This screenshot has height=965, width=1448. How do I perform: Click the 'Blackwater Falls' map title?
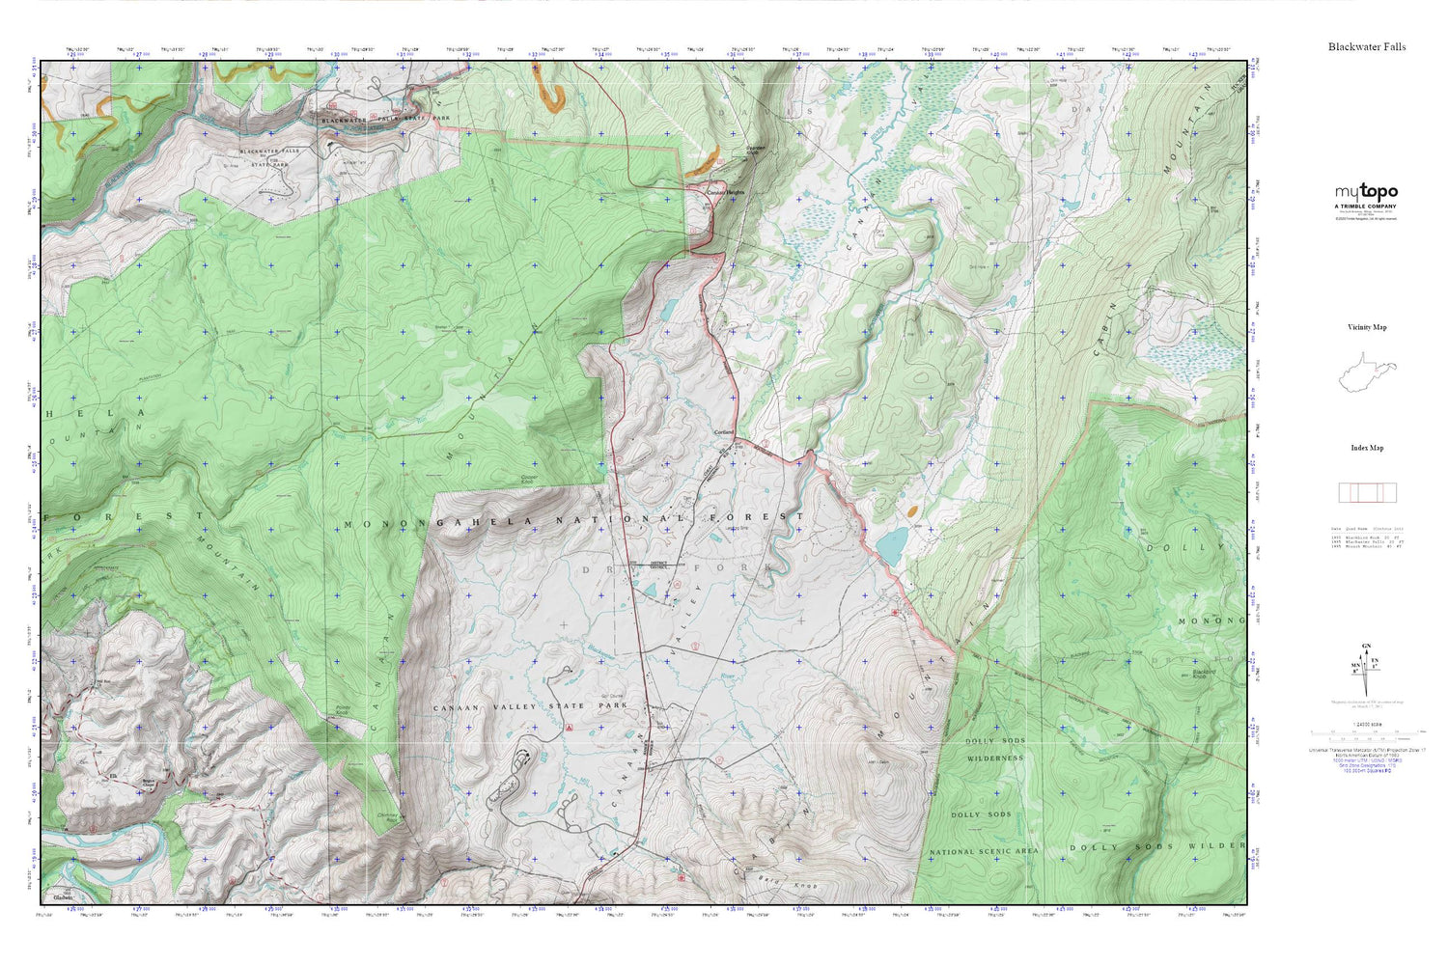tap(1366, 46)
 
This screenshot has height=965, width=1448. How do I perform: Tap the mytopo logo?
tap(1366, 192)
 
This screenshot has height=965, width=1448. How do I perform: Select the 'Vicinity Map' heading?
tap(1366, 327)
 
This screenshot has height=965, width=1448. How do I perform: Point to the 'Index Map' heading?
tap(1366, 448)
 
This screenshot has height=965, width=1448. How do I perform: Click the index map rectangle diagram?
tap(1366, 492)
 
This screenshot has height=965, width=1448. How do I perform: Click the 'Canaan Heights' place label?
tap(726, 192)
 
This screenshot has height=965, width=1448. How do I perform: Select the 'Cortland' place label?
tap(724, 431)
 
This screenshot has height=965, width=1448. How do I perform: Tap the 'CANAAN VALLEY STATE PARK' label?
tap(530, 706)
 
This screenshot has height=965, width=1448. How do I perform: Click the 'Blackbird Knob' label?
tap(1203, 674)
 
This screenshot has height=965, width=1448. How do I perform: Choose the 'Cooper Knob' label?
tap(530, 478)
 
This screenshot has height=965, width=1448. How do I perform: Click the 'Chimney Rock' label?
tap(386, 816)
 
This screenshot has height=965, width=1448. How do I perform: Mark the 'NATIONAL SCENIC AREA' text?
tap(984, 852)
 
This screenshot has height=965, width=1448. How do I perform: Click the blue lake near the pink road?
tap(892, 544)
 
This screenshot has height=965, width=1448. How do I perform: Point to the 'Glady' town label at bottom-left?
tap(67, 892)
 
